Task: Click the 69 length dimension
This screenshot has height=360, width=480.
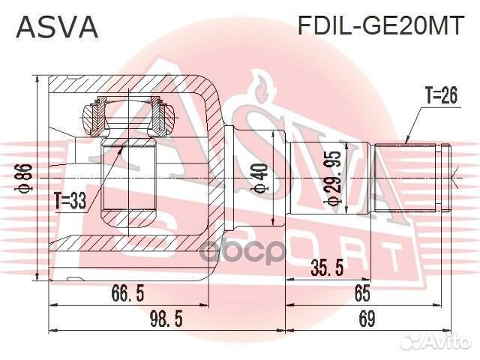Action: click(x=365, y=320)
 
